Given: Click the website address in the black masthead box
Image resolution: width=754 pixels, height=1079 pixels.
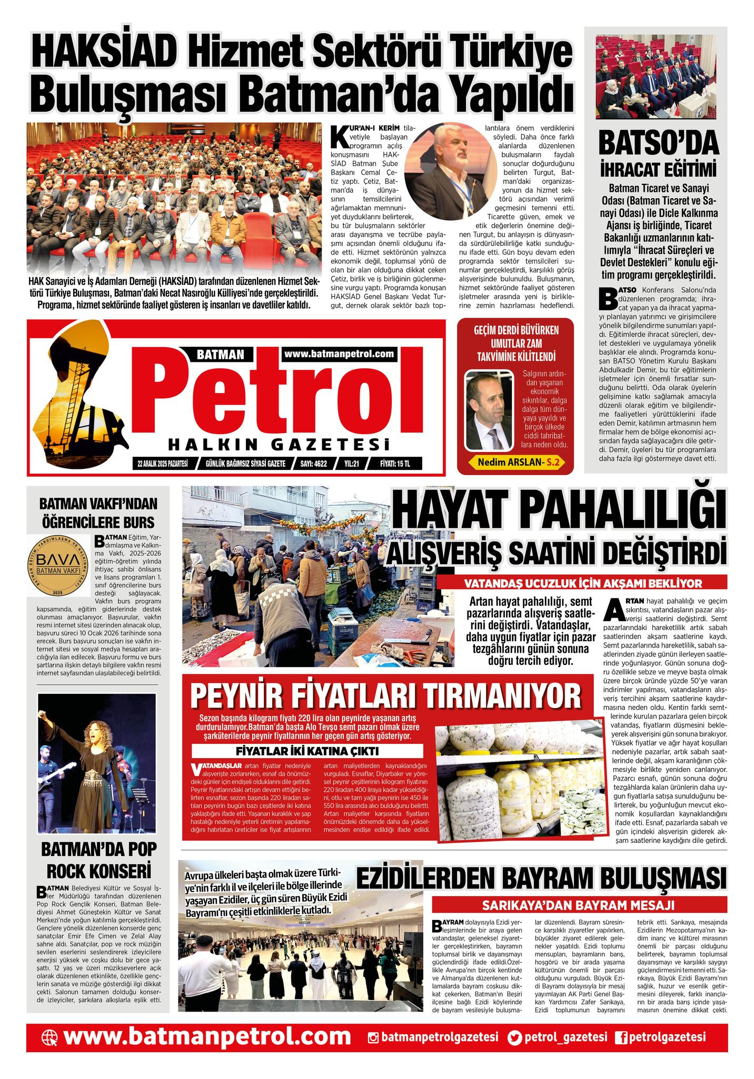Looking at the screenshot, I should tap(339, 354).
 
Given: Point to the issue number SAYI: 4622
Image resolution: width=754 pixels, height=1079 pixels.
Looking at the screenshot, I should tap(313, 464).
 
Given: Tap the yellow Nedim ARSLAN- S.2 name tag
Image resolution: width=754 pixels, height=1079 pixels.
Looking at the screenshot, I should tap(518, 462).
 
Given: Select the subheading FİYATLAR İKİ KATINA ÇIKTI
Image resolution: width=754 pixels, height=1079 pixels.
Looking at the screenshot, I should tap(307, 751).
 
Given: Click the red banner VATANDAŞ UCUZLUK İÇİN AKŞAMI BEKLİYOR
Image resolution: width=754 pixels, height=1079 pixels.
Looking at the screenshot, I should tap(583, 583).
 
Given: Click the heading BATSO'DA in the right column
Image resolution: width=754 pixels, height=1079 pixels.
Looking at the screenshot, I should tap(658, 143).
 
